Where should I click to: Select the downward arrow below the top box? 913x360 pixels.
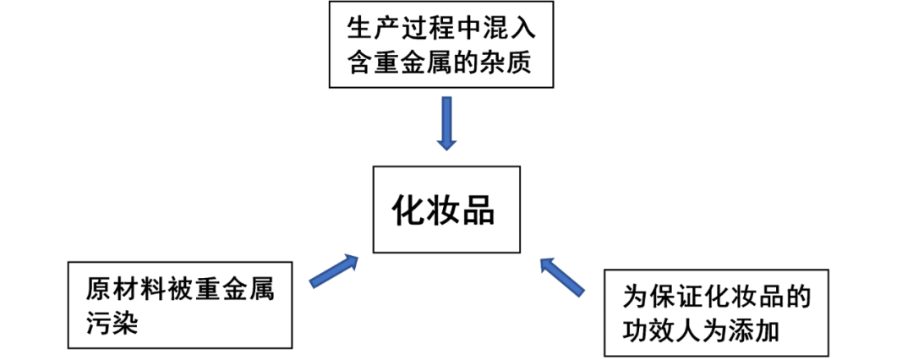coord(446,123)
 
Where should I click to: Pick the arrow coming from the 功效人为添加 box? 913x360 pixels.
coord(561,276)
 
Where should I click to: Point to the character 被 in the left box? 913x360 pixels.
coord(168,290)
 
